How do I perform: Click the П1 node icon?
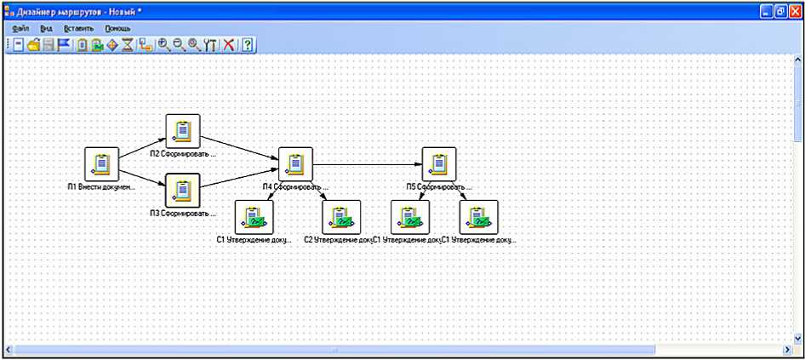click(x=101, y=163)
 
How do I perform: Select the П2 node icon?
click(x=183, y=131)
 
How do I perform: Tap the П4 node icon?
click(x=294, y=163)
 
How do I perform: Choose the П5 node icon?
click(x=439, y=163)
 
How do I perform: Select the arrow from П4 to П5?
click(x=366, y=163)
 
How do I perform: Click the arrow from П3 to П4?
click(x=238, y=178)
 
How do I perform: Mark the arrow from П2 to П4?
click(x=238, y=146)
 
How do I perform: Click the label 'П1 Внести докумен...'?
click(x=101, y=185)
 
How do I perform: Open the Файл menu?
click(x=21, y=28)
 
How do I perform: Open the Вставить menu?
click(x=78, y=28)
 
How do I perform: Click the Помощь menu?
click(x=117, y=28)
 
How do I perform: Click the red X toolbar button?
click(x=229, y=45)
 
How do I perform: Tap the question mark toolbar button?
click(x=247, y=45)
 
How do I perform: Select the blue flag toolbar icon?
click(x=65, y=45)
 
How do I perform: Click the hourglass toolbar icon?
click(x=127, y=45)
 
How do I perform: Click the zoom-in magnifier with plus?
click(x=164, y=45)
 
